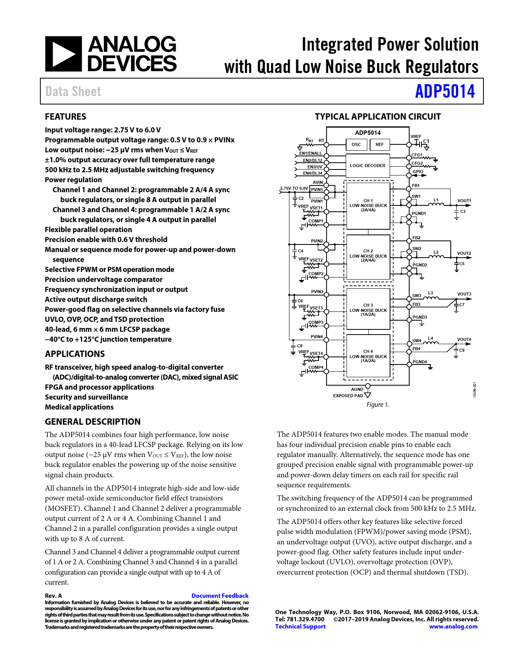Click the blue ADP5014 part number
tap(445, 91)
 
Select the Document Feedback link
tap(220, 595)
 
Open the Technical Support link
tap(300, 626)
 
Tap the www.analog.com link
tap(453, 626)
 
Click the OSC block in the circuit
tap(356, 144)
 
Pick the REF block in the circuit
tap(379, 144)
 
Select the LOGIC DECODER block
tap(368, 165)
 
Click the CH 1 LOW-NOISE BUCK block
tap(368, 205)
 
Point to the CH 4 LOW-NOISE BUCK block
tap(368, 356)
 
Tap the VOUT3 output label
tap(464, 294)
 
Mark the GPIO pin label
tap(418, 171)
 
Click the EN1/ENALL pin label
tap(311, 153)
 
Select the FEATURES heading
tap(65, 117)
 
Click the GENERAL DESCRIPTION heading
tap(93, 422)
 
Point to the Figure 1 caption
tap(377, 405)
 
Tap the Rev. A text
tap(53, 595)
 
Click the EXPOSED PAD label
tap(348, 396)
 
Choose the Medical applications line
tap(79, 407)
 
